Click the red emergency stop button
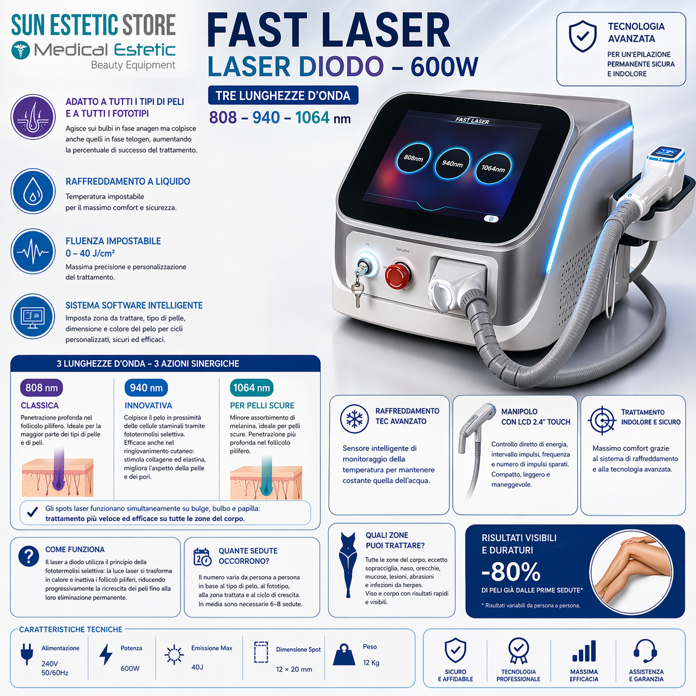pos(397,274)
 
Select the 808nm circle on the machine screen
pos(413,158)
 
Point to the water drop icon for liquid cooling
pos(33,191)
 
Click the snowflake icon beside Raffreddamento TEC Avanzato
pos(355,418)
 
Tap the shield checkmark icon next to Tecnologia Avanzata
pos(583,36)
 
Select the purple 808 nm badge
pos(42,388)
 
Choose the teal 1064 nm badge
pos(251,388)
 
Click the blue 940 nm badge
pos(147,388)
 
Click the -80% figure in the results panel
pos(511,572)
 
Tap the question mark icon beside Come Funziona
pos(28,556)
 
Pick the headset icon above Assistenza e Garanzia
pos(645,651)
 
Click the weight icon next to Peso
pos(344,655)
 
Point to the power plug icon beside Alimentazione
pos(27,654)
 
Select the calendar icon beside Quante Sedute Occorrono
pos(202,557)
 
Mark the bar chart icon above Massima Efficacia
pos(584,652)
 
